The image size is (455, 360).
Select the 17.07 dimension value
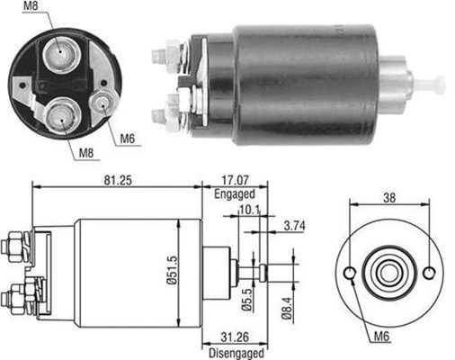click(236, 180)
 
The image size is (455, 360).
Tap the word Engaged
click(235, 193)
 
